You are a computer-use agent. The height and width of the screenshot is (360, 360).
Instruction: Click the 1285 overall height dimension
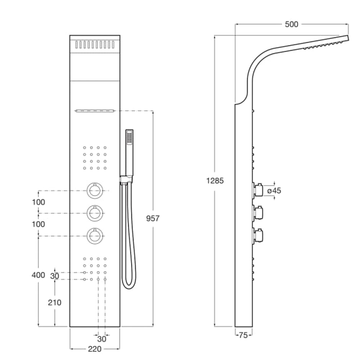click(215, 181)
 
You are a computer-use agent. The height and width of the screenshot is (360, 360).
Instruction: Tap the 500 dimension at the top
click(291, 24)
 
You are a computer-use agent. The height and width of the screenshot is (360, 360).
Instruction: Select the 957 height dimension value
click(153, 218)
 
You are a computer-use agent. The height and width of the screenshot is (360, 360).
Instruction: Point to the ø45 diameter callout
click(274, 191)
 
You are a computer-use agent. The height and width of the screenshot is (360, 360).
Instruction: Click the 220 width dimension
click(94, 349)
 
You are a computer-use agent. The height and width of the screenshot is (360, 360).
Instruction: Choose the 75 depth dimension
click(243, 336)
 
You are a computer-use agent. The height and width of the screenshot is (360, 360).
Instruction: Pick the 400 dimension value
click(38, 275)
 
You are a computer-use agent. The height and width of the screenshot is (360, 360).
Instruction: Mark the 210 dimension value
click(55, 302)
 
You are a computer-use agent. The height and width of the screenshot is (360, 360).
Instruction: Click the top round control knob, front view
click(95, 190)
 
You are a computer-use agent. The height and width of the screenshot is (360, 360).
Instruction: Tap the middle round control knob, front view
click(95, 213)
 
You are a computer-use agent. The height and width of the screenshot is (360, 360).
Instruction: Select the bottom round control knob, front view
click(95, 236)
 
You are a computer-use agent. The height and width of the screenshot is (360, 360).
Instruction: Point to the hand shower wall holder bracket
click(126, 179)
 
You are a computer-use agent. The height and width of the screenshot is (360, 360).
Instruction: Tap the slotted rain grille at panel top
click(95, 45)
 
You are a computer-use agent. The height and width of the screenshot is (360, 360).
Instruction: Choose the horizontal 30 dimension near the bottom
click(102, 339)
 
